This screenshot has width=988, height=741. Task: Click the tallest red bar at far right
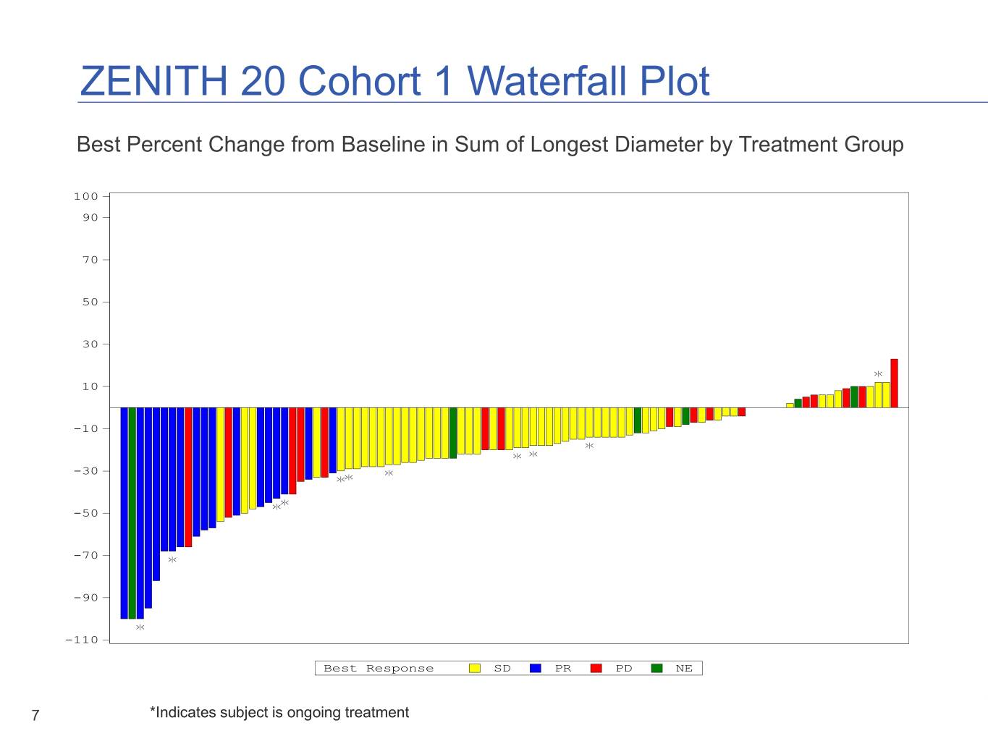[x=894, y=384]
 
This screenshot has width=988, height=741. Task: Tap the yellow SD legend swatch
[x=475, y=669]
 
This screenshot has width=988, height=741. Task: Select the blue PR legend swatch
[x=536, y=669]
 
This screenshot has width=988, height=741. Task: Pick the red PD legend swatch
[x=596, y=669]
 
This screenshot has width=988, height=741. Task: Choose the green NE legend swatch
[x=657, y=669]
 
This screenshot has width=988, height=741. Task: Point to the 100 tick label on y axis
[x=85, y=196]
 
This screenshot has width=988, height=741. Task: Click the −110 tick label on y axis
[x=82, y=640]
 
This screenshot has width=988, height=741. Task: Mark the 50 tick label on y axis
[x=90, y=302]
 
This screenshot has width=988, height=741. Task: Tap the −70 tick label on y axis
[x=85, y=555]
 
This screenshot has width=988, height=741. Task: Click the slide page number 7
[x=35, y=716]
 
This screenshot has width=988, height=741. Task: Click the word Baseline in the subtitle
[x=383, y=145]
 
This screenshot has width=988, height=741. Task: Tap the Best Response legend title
[x=379, y=669]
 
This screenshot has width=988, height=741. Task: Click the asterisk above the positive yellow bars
[x=878, y=374]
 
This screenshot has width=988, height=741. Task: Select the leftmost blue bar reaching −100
[x=124, y=513]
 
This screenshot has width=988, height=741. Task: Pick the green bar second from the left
[x=132, y=513]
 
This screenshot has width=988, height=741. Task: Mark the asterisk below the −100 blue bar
[x=140, y=627]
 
